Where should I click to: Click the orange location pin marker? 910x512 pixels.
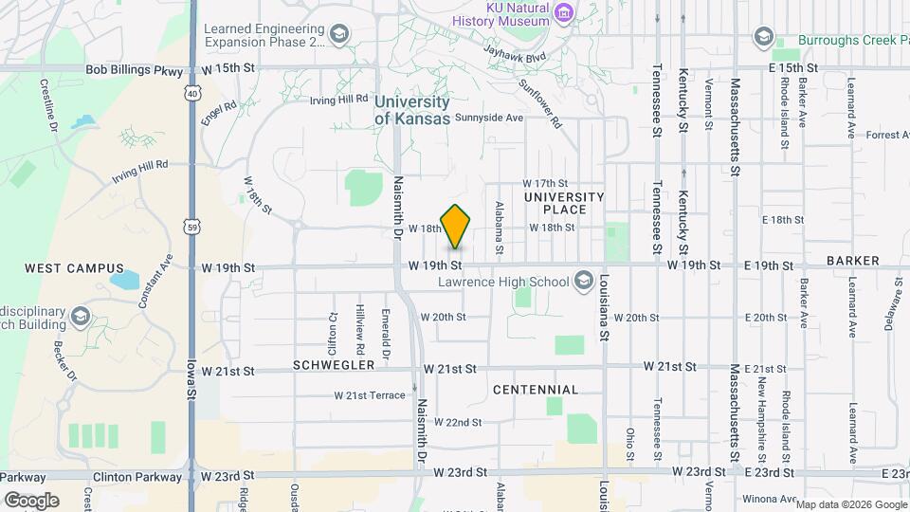tap(456, 226)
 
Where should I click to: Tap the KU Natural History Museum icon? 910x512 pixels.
tap(564, 12)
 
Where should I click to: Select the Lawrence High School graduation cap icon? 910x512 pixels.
tap(584, 281)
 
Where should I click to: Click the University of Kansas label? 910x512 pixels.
tap(411, 110)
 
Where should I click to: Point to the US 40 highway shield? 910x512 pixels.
tap(192, 93)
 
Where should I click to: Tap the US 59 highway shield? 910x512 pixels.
tap(192, 228)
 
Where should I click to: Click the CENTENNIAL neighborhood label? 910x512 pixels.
tap(536, 390)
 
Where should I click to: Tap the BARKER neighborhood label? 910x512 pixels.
tap(852, 260)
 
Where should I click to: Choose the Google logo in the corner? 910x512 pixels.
tap(31, 500)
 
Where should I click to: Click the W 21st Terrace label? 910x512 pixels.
tap(370, 394)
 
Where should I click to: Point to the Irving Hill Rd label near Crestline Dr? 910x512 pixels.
tap(139, 170)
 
